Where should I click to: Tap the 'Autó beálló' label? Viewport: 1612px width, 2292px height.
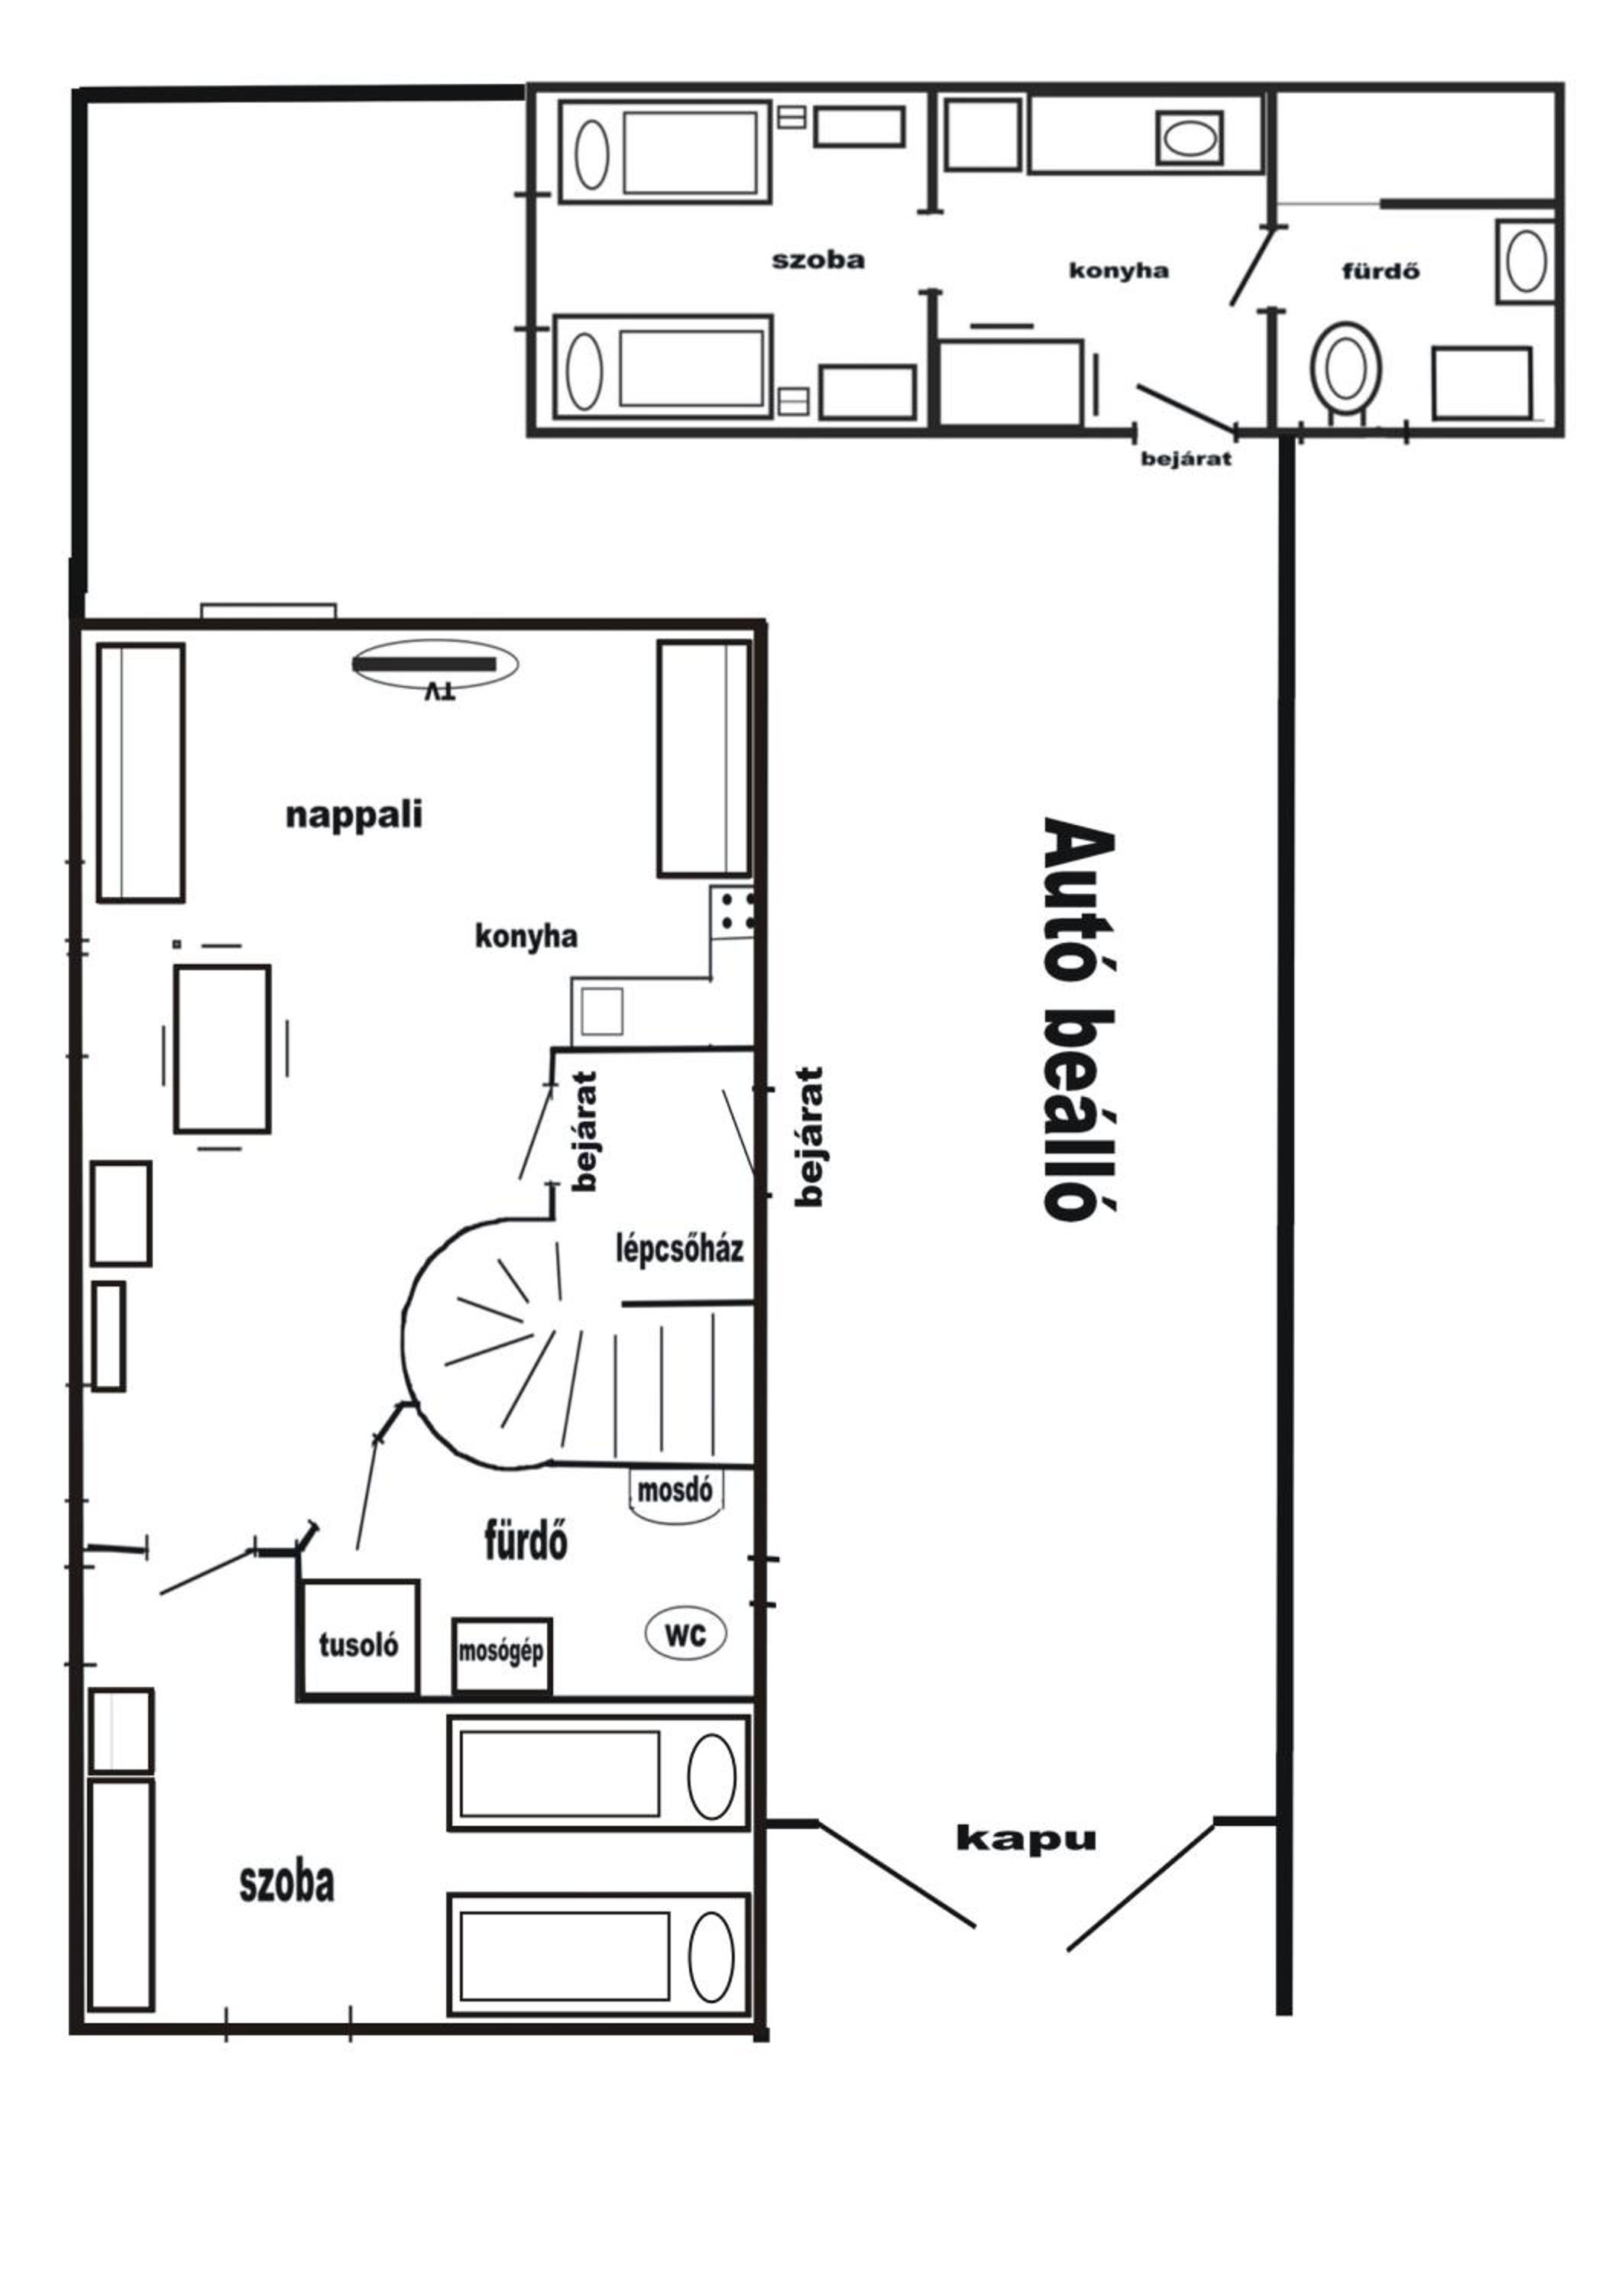[1078, 1018]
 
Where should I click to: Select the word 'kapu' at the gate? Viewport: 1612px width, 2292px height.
[1025, 1839]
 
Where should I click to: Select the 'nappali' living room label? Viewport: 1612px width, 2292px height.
[354, 814]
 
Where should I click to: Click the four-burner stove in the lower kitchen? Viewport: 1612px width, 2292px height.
[733, 911]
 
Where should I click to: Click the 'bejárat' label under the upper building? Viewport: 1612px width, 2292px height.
[1186, 458]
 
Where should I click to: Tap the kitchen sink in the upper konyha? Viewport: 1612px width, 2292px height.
[1190, 138]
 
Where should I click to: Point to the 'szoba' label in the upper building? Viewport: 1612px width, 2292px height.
[817, 261]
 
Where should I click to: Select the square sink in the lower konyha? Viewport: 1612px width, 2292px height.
[602, 1012]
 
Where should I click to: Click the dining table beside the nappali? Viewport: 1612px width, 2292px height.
[222, 1048]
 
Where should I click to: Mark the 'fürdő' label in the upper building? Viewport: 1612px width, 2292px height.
[1381, 270]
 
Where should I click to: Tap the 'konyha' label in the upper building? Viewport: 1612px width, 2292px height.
[1118, 270]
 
